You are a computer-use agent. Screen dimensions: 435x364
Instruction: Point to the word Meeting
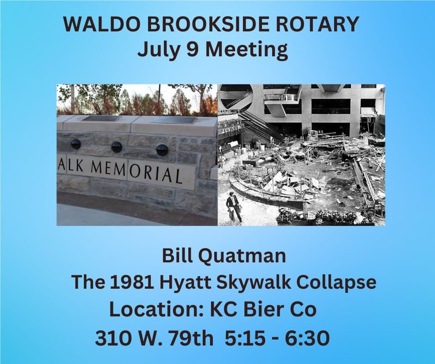(x=246, y=50)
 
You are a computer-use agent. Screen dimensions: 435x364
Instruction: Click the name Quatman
(x=242, y=256)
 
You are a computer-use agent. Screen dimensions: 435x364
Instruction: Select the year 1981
(x=132, y=282)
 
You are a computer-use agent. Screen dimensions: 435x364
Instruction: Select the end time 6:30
(x=307, y=338)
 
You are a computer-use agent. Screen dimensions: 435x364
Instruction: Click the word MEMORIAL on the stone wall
(x=137, y=171)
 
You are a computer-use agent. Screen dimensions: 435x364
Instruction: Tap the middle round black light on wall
(x=117, y=147)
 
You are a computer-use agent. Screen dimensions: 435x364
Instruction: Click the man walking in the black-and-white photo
(x=234, y=206)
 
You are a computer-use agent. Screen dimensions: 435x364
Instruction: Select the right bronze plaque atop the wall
(x=174, y=120)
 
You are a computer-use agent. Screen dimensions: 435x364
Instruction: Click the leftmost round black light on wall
(x=76, y=144)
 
